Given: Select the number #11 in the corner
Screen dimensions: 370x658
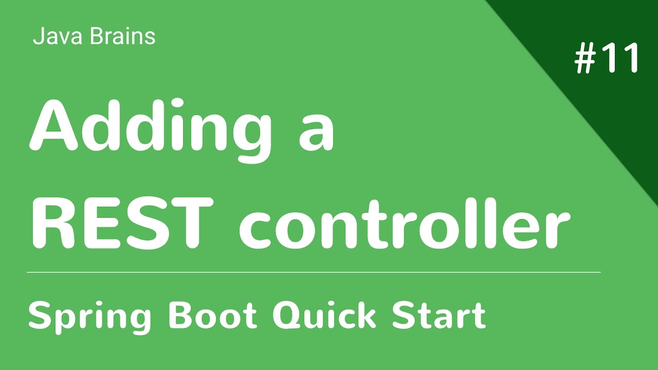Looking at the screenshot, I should click(x=607, y=58).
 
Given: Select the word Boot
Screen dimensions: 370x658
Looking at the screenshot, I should click(x=212, y=314).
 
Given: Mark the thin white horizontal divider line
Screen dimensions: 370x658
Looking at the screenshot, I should click(x=314, y=272).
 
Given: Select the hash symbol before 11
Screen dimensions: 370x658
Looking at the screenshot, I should click(x=585, y=58).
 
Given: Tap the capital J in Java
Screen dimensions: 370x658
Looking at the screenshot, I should click(x=37, y=37).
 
